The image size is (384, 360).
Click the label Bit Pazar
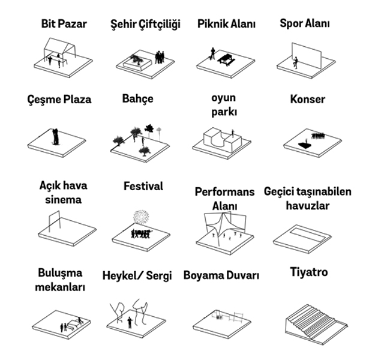pyautogui.click(x=64, y=24)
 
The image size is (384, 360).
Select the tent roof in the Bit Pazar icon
pyautogui.click(x=60, y=46)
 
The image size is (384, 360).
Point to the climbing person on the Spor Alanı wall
pyautogui.click(x=296, y=62)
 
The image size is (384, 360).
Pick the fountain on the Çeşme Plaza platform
pyautogui.click(x=56, y=137)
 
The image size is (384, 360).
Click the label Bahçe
pyautogui.click(x=137, y=99)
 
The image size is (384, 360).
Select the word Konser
pyautogui.click(x=308, y=99)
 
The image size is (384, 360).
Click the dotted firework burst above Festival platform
pyautogui.click(x=141, y=217)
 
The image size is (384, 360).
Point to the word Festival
pyautogui.click(x=143, y=186)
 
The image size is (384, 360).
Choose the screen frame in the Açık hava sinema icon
pyautogui.click(x=55, y=221)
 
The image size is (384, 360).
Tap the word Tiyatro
pyautogui.click(x=309, y=272)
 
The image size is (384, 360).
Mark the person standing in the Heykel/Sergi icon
pyautogui.click(x=130, y=322)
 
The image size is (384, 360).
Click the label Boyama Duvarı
pyautogui.click(x=221, y=275)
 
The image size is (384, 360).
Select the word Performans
pyautogui.click(x=224, y=192)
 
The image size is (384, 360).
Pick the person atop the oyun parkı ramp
pyautogui.click(x=233, y=133)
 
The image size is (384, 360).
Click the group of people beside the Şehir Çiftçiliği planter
pyautogui.click(x=160, y=58)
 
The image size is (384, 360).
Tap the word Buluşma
pyautogui.click(x=60, y=273)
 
